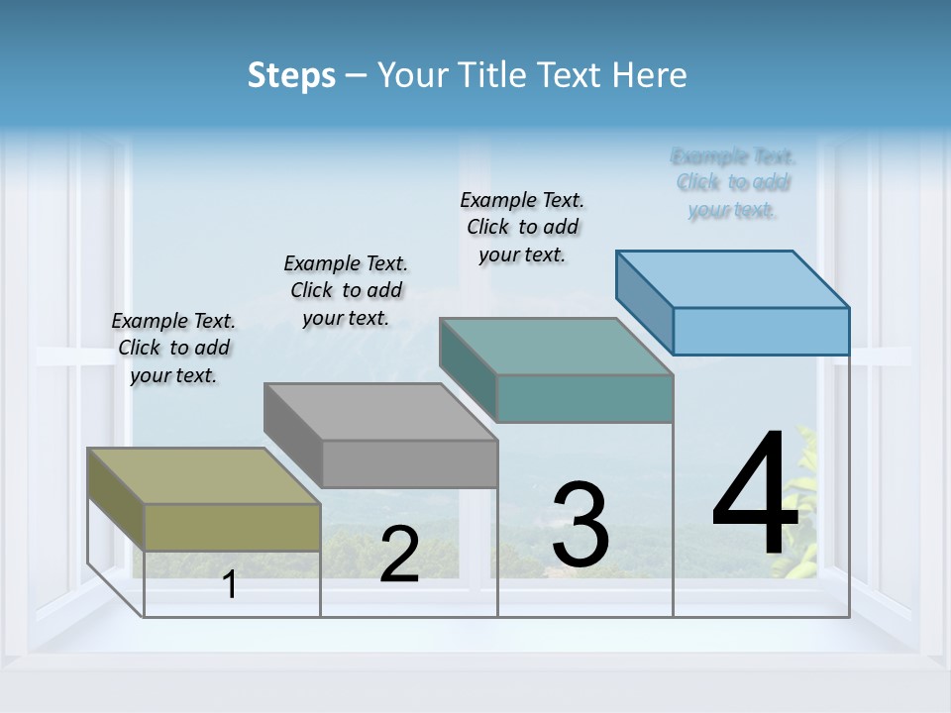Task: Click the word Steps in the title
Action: [x=291, y=75]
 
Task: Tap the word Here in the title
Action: [x=650, y=75]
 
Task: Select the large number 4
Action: [x=755, y=495]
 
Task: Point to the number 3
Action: [x=581, y=525]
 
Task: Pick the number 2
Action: [x=399, y=555]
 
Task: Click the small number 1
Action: [x=230, y=585]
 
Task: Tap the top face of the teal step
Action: [x=556, y=347]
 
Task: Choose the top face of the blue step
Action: [x=732, y=279]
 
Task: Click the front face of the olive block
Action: [x=232, y=527]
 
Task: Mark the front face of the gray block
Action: [x=409, y=463]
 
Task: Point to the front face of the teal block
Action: [x=584, y=398]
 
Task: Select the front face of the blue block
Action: [x=761, y=331]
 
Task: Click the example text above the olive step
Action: [x=173, y=348]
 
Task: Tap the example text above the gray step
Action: [x=346, y=290]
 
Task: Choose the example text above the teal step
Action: [x=522, y=227]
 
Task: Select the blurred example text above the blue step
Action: [x=733, y=183]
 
